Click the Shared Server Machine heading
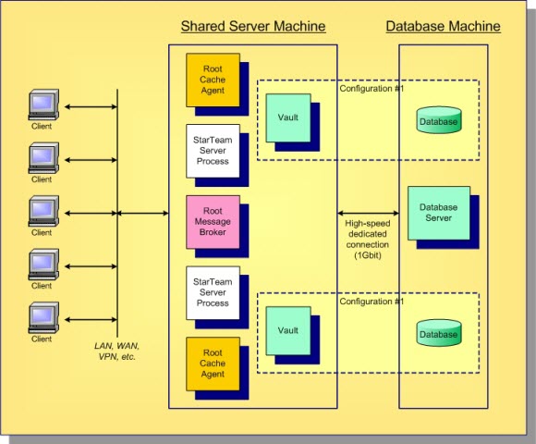252,26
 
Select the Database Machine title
443,26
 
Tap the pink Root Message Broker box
212,222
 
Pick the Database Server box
438,213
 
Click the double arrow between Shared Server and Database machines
367,213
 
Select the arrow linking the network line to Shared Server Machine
143,214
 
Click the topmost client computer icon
42,104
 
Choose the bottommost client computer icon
42,317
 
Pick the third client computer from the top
42,211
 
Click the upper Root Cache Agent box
212,80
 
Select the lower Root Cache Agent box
212,364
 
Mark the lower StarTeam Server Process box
212,292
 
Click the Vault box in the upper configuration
288,118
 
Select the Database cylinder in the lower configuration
438,334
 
